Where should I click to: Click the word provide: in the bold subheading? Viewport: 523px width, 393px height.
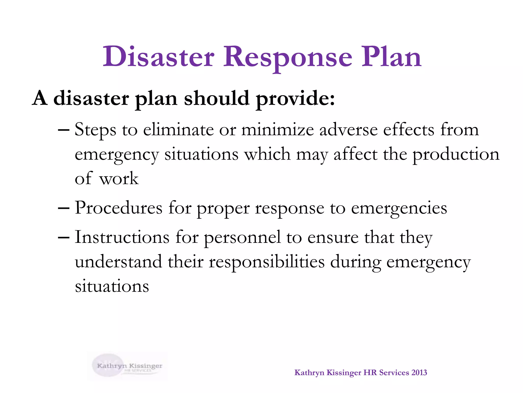coord(295,99)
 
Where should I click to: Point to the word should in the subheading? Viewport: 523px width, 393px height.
coord(217,99)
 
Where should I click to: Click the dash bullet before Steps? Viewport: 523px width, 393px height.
coord(64,130)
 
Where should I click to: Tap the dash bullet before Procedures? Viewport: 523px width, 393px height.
coord(64,208)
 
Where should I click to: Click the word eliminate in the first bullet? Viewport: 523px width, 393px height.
coord(178,130)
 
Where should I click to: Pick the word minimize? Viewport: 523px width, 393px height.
coord(278,130)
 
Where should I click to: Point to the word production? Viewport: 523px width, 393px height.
coord(456,155)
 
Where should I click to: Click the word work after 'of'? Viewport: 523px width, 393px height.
coord(119,179)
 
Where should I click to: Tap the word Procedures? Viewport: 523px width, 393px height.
coord(118,208)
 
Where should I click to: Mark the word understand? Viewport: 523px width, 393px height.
coord(118,262)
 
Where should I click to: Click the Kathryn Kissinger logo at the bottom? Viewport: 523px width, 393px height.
coord(127,366)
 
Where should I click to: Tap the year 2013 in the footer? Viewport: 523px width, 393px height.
coord(419,373)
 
